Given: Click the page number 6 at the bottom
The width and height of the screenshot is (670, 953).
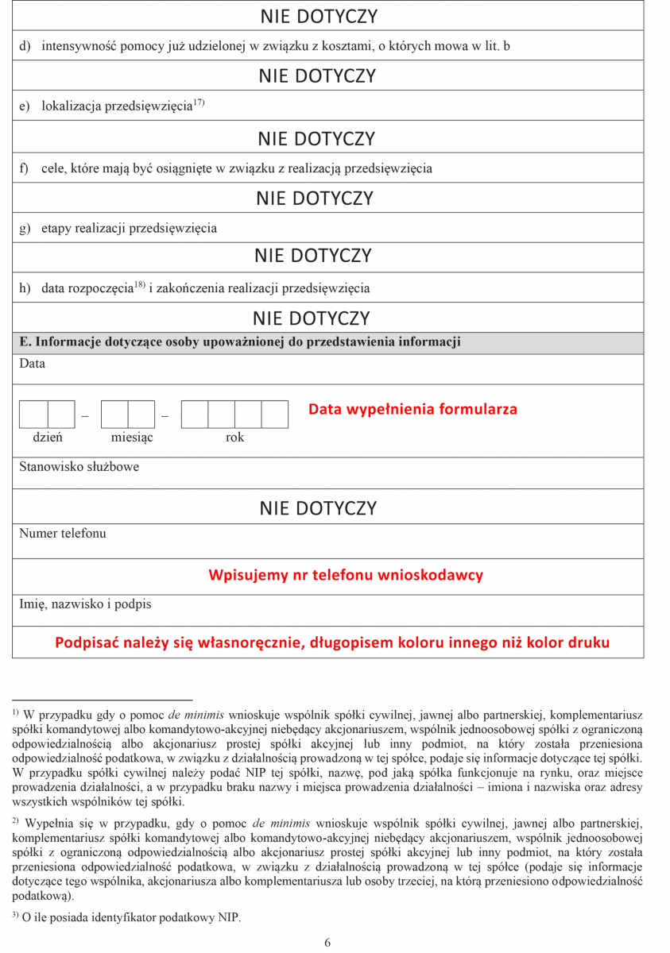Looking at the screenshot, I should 327,943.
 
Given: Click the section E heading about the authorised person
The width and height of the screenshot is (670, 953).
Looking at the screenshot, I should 240,342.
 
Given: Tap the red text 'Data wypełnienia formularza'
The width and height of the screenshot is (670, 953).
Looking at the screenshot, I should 412,410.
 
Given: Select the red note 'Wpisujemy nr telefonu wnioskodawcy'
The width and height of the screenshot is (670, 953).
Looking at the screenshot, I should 346,575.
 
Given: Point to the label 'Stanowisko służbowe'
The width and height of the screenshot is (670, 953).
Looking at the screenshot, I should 79,467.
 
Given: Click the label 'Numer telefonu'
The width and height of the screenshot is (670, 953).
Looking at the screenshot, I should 62,534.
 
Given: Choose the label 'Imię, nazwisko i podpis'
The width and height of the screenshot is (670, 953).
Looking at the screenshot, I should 85,604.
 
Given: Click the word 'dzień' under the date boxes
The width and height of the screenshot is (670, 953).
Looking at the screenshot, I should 48,438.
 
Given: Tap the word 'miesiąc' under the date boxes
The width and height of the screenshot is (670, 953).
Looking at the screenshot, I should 132,438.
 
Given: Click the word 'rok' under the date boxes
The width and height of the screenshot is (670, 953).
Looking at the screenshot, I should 235,438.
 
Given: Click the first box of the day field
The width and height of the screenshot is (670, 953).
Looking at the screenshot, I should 33,415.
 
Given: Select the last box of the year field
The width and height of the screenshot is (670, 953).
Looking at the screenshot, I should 274,415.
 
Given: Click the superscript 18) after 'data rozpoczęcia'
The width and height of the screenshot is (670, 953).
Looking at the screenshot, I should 139,284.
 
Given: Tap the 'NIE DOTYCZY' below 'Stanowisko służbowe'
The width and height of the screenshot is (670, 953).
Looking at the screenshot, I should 317,509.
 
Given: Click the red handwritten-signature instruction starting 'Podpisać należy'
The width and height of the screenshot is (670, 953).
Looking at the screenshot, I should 332,642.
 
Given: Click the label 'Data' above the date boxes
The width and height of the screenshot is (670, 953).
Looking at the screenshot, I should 32,364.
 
